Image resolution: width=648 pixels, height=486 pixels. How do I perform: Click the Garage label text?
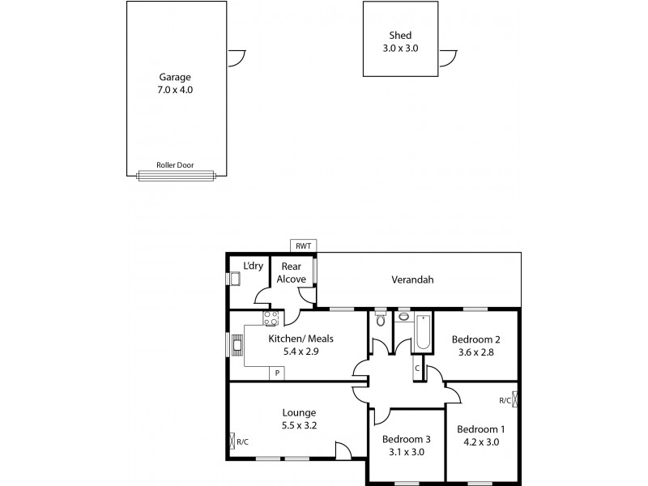(x=175, y=78)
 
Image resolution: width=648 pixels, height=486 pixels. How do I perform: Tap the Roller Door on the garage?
(x=175, y=173)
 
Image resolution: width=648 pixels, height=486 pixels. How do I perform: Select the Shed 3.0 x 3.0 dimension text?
(x=400, y=48)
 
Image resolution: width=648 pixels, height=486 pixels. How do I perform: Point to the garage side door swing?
(x=237, y=58)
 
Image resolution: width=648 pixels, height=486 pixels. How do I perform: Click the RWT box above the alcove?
(x=303, y=246)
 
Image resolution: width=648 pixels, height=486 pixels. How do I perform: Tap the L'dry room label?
(x=253, y=265)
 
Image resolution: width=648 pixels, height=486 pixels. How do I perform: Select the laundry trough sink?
(x=234, y=279)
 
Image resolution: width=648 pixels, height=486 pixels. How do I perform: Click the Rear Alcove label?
(x=291, y=272)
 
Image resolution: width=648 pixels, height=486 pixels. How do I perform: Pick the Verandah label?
(x=413, y=280)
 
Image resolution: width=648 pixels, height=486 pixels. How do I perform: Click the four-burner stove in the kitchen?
(x=271, y=318)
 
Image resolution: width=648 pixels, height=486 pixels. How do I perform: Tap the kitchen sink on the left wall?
(x=238, y=345)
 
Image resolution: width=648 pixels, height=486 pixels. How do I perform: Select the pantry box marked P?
(x=277, y=373)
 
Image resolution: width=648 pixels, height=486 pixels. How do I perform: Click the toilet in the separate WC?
(x=380, y=320)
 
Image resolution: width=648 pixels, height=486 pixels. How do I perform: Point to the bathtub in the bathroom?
(x=422, y=330)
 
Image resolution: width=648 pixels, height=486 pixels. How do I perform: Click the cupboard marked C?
(x=417, y=369)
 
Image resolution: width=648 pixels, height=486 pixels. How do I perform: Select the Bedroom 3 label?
(x=406, y=439)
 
